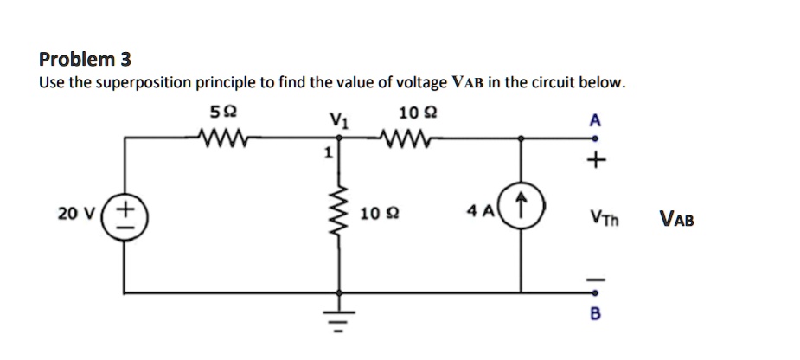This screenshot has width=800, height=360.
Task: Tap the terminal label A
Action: click(x=593, y=120)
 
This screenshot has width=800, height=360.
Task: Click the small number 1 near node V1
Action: click(x=327, y=154)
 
